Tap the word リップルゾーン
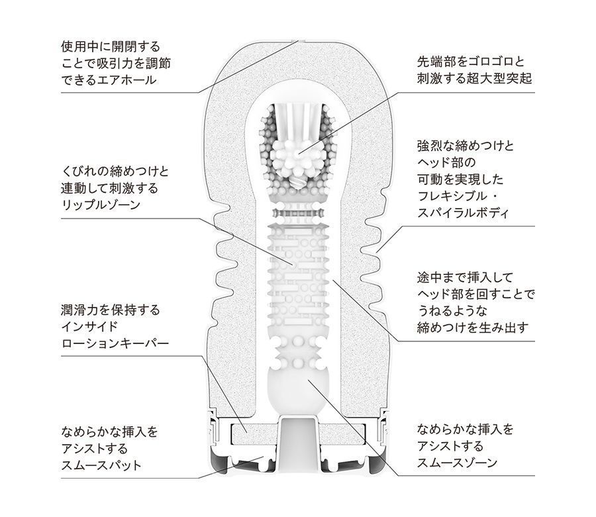point(101,205)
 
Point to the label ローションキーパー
point(115,343)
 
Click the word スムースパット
point(101,465)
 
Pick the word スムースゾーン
point(457,463)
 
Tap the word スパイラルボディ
point(463,213)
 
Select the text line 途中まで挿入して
point(466,277)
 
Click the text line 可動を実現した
point(460,179)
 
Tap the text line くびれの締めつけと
point(115,172)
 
